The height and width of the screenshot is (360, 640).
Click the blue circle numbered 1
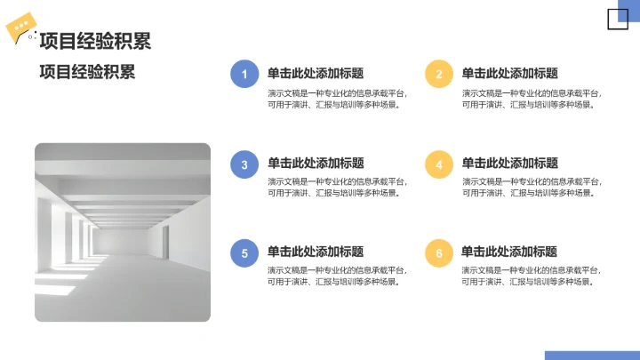244,74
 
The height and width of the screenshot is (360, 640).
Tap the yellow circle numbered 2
439,74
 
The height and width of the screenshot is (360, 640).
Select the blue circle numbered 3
244,164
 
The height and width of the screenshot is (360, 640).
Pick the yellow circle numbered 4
439,164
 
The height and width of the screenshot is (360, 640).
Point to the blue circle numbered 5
244,253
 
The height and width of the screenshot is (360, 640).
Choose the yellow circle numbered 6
439,253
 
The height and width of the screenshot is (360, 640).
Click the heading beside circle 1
316,74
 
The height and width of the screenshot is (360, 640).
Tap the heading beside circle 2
509,74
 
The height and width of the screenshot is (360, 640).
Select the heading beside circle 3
316,164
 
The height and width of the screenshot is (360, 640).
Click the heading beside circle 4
509,164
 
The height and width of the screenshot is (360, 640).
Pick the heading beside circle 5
316,252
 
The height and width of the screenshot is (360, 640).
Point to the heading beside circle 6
509,252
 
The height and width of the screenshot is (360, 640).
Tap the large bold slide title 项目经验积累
94,41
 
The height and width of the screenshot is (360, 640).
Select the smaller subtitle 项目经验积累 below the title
87,72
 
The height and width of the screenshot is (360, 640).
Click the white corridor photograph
123,232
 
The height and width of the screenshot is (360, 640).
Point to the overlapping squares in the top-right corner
618,18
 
